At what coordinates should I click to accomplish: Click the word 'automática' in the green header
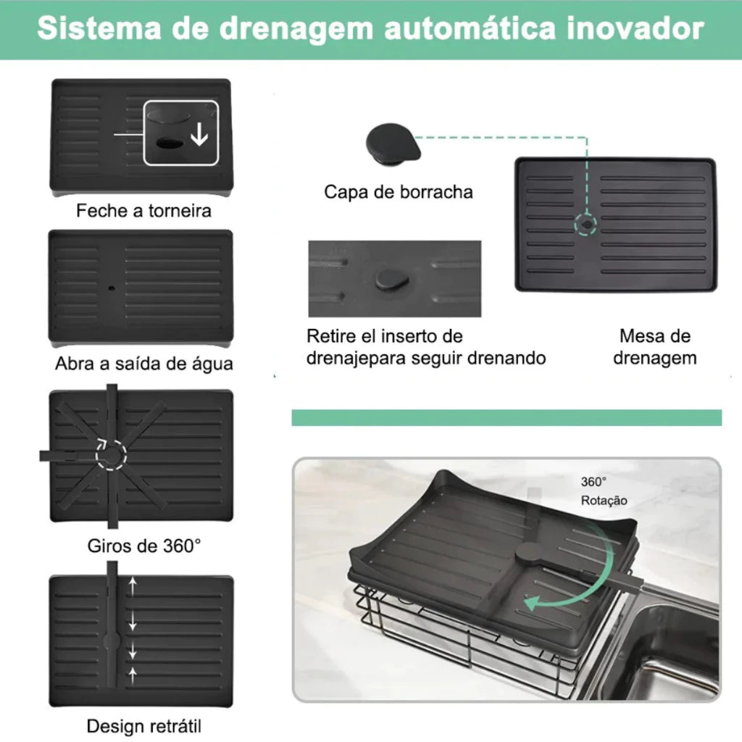(470, 28)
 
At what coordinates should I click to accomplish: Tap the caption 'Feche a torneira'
(143, 211)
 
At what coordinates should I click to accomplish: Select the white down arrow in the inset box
(199, 134)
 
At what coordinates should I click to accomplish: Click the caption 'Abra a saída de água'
(144, 364)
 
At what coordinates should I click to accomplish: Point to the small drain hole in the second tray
(112, 288)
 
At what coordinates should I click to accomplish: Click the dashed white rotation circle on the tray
(111, 455)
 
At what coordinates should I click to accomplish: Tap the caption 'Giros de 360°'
(144, 546)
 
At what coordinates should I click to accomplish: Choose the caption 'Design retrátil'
(144, 726)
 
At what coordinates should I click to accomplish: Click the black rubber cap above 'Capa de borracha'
(393, 143)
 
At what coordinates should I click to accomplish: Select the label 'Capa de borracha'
(399, 191)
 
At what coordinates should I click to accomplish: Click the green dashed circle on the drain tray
(585, 225)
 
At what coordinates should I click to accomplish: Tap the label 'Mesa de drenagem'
(655, 347)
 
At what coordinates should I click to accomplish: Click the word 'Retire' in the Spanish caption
(330, 336)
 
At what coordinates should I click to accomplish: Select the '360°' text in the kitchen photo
(593, 482)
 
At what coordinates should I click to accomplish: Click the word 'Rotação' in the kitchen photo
(604, 500)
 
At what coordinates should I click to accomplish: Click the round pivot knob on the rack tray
(530, 552)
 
